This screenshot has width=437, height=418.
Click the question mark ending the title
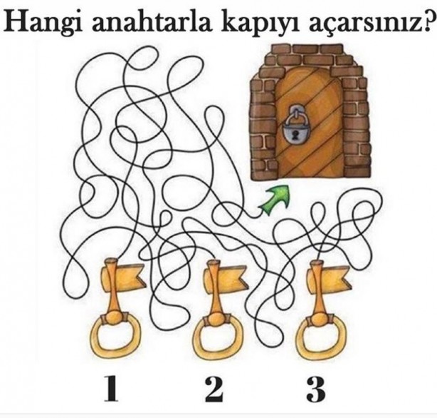tap(426, 22)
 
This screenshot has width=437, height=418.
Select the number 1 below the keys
tap(110, 389)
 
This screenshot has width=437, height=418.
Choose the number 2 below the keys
tap(213, 389)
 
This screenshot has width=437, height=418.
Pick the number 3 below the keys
tap(315, 389)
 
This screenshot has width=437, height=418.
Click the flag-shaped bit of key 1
tap(129, 273)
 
